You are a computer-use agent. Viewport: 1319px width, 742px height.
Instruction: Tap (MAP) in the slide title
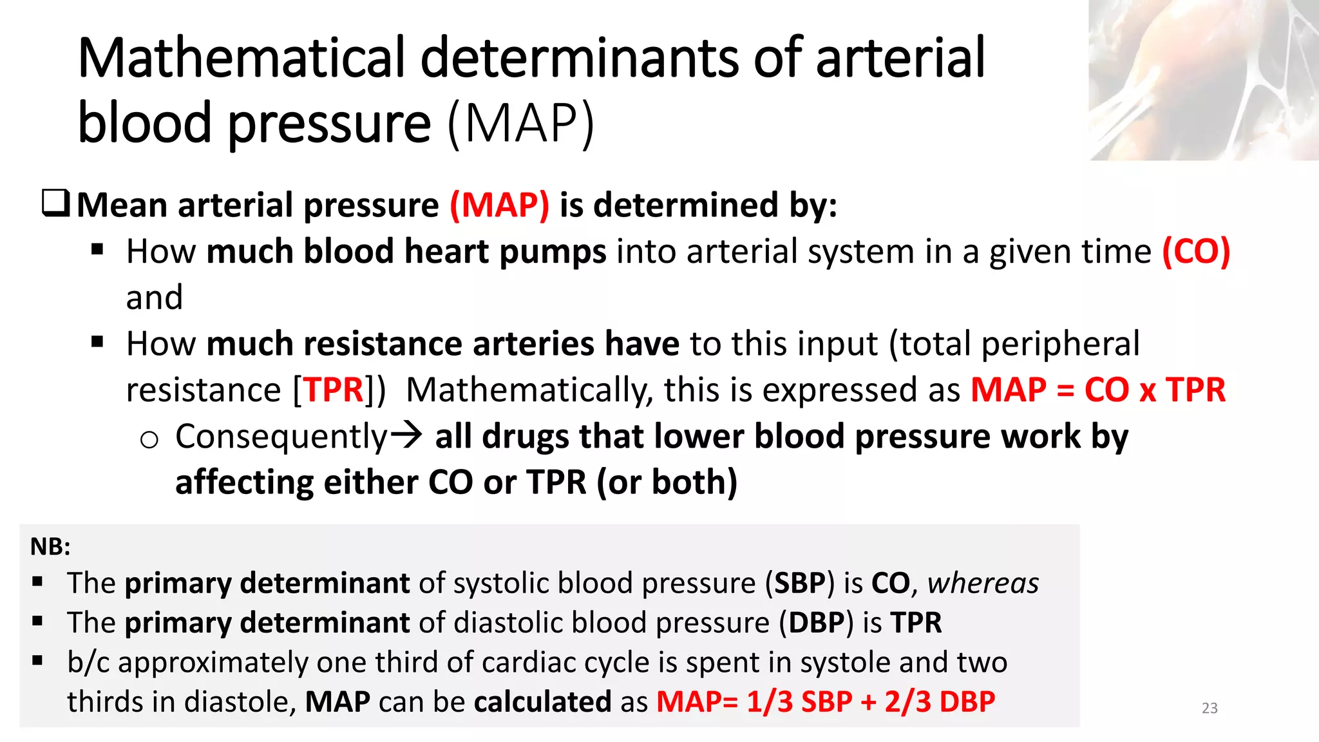tap(520, 123)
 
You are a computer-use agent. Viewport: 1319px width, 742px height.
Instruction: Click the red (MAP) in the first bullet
tap(500, 205)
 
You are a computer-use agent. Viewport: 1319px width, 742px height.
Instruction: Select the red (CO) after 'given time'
tap(1196, 251)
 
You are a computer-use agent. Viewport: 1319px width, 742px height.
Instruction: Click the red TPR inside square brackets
tap(334, 390)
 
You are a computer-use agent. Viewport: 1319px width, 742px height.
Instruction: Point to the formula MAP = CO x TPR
tap(1097, 390)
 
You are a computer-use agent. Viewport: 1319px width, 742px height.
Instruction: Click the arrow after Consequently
tap(406, 435)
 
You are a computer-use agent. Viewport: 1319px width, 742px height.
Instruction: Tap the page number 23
tap(1210, 708)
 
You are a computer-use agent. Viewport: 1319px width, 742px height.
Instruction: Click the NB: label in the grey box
tap(50, 547)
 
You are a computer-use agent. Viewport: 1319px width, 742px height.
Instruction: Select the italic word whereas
tap(983, 584)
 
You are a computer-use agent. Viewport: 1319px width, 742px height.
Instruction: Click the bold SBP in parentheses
tap(799, 584)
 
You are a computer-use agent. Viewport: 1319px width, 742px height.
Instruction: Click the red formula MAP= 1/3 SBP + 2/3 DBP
tap(826, 701)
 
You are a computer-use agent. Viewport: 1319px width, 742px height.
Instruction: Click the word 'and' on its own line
tap(155, 298)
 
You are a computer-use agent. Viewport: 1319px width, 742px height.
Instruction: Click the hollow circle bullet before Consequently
tap(149, 440)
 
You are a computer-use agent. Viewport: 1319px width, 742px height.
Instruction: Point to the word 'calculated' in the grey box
tap(542, 701)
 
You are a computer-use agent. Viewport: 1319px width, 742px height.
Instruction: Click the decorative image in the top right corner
tap(1203, 80)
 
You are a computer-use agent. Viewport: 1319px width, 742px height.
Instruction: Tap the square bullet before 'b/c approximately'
tap(37, 660)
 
